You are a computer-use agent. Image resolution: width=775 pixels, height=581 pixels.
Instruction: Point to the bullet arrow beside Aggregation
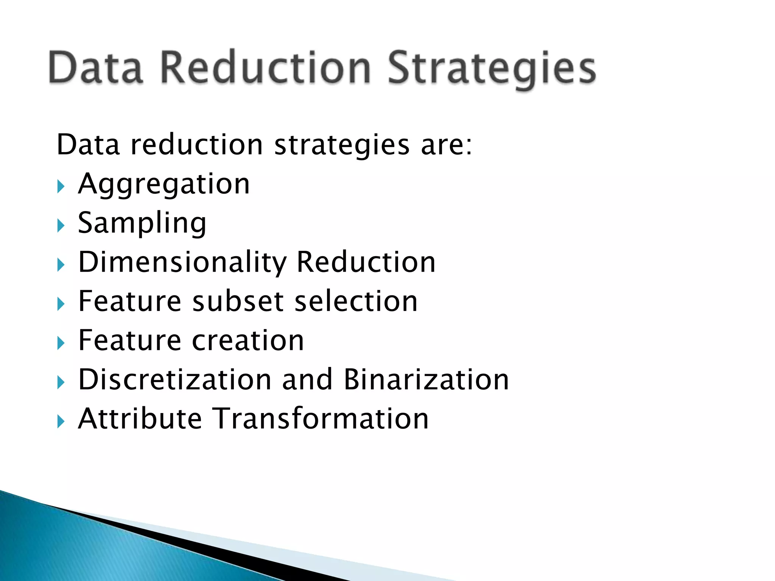click(61, 186)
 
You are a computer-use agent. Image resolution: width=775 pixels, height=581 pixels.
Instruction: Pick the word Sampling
click(142, 224)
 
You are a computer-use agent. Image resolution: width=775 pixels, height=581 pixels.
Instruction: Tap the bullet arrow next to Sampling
click(61, 226)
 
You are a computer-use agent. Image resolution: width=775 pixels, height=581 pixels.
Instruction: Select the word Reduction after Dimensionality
click(366, 262)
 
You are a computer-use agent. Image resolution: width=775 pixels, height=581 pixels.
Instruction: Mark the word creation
click(248, 341)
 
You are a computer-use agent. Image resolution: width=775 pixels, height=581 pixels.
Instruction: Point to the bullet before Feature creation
click(61, 343)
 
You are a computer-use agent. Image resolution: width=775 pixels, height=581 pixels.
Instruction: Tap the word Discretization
click(175, 380)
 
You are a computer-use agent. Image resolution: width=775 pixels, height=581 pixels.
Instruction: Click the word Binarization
click(426, 380)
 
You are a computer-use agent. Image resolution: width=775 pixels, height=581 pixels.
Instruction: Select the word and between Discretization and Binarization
click(307, 380)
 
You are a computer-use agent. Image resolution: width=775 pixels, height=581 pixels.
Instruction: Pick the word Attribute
click(140, 419)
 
